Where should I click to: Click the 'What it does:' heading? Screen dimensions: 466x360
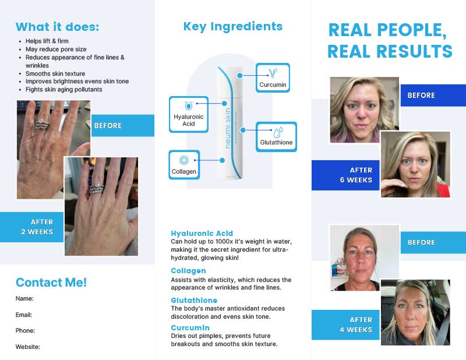click(57, 27)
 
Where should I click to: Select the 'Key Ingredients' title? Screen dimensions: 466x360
click(232, 26)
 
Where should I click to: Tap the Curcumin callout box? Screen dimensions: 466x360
click(273, 77)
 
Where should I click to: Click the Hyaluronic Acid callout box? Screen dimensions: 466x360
click(188, 114)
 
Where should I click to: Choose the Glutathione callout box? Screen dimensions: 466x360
click(276, 137)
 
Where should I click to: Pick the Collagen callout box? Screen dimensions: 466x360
click(184, 165)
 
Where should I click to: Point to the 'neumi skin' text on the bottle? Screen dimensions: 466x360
click(228, 128)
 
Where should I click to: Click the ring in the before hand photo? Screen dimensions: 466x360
click(42, 124)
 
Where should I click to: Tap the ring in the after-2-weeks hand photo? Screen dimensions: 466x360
click(96, 189)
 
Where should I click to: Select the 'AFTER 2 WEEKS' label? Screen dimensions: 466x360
click(37, 227)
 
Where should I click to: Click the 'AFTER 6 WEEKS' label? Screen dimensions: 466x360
click(356, 175)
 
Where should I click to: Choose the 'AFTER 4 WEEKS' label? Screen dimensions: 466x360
click(356, 324)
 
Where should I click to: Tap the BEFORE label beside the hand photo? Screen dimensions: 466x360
click(108, 125)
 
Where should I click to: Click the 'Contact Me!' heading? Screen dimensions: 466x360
click(51, 283)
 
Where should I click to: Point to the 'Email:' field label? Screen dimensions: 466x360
click(24, 315)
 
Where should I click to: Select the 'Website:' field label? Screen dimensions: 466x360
click(27, 347)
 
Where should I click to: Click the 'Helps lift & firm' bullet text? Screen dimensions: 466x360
click(47, 41)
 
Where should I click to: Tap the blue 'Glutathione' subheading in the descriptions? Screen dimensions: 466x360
click(194, 300)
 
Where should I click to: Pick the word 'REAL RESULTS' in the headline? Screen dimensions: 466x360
click(390, 51)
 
